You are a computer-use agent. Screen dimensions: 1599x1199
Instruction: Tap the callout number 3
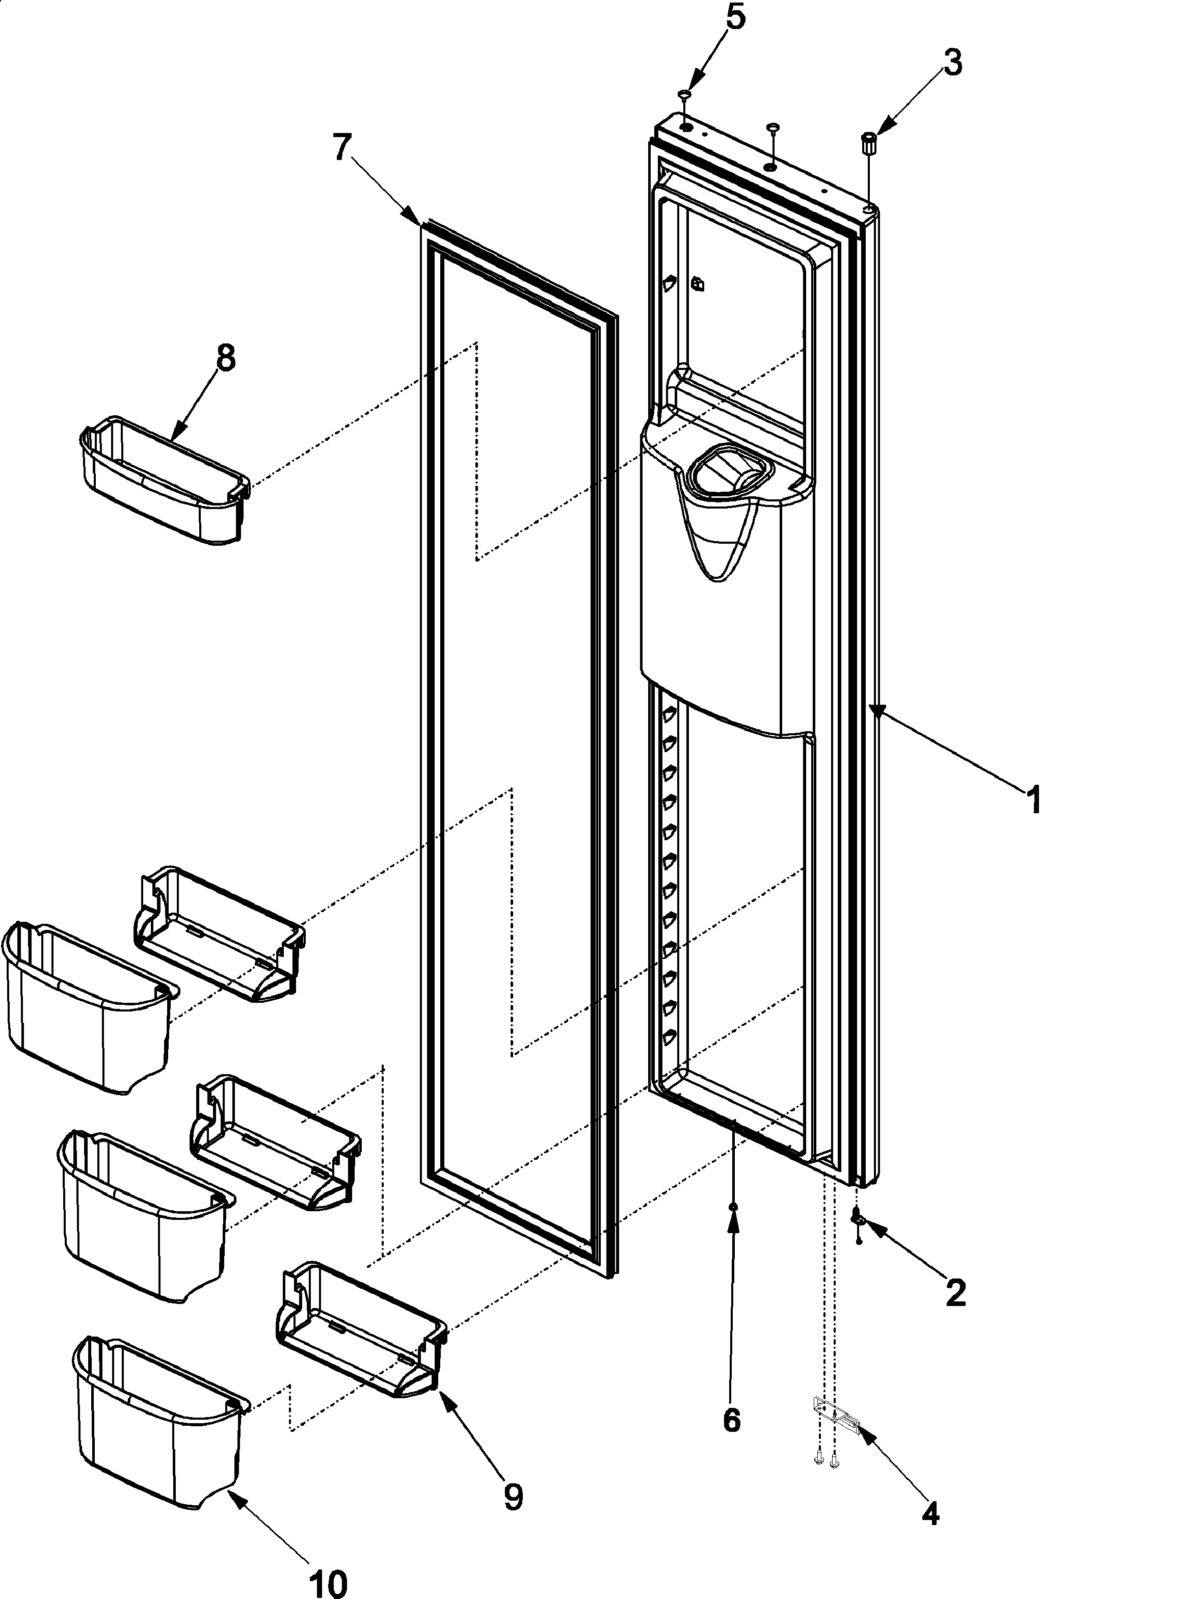click(952, 64)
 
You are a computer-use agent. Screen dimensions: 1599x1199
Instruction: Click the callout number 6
click(731, 1421)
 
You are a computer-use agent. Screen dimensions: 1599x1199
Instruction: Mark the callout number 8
click(226, 358)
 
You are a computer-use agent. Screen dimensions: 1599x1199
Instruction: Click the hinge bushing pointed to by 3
click(868, 142)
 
